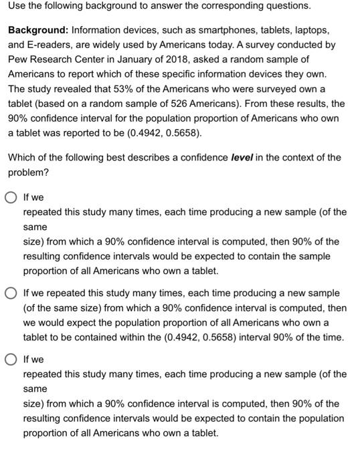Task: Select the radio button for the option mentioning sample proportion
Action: (12, 198)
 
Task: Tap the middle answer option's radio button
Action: (12, 294)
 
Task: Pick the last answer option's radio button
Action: (12, 360)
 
